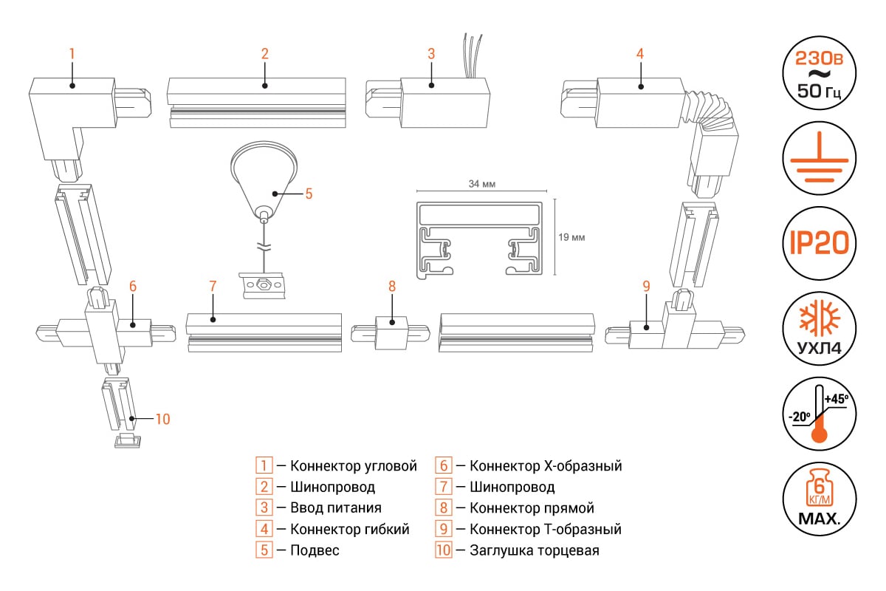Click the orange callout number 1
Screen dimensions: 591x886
coord(72,53)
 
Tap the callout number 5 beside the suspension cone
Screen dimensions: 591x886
coord(309,194)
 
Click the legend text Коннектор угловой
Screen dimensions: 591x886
coord(354,466)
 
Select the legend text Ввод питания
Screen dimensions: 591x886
coord(336,508)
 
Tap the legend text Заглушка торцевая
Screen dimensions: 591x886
coord(534,550)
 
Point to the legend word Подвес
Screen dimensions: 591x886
coord(315,550)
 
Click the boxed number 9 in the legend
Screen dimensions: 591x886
coord(443,530)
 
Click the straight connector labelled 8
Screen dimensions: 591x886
coord(391,333)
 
